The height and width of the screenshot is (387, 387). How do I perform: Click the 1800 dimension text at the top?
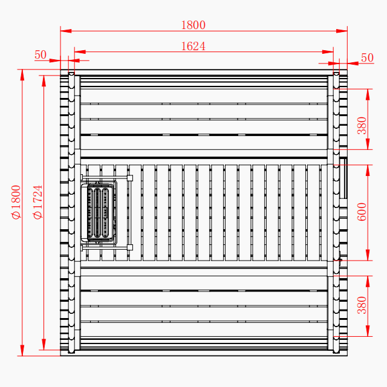pyautogui.click(x=193, y=25)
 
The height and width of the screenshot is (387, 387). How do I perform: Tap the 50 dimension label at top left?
pyautogui.click(x=41, y=55)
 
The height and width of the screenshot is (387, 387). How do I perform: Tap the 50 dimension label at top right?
pyautogui.click(x=367, y=57)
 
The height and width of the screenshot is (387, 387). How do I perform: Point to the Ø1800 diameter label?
pyautogui.click(x=16, y=203)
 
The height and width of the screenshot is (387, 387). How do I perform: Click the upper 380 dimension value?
pyautogui.click(x=362, y=125)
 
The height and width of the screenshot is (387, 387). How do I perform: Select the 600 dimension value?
pyautogui.click(x=362, y=212)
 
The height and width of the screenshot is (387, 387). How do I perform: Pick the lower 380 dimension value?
pyautogui.click(x=362, y=305)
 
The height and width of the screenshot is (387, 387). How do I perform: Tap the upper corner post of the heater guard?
pyautogui.click(x=129, y=177)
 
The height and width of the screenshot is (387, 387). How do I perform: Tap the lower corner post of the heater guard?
pyautogui.click(x=129, y=247)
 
